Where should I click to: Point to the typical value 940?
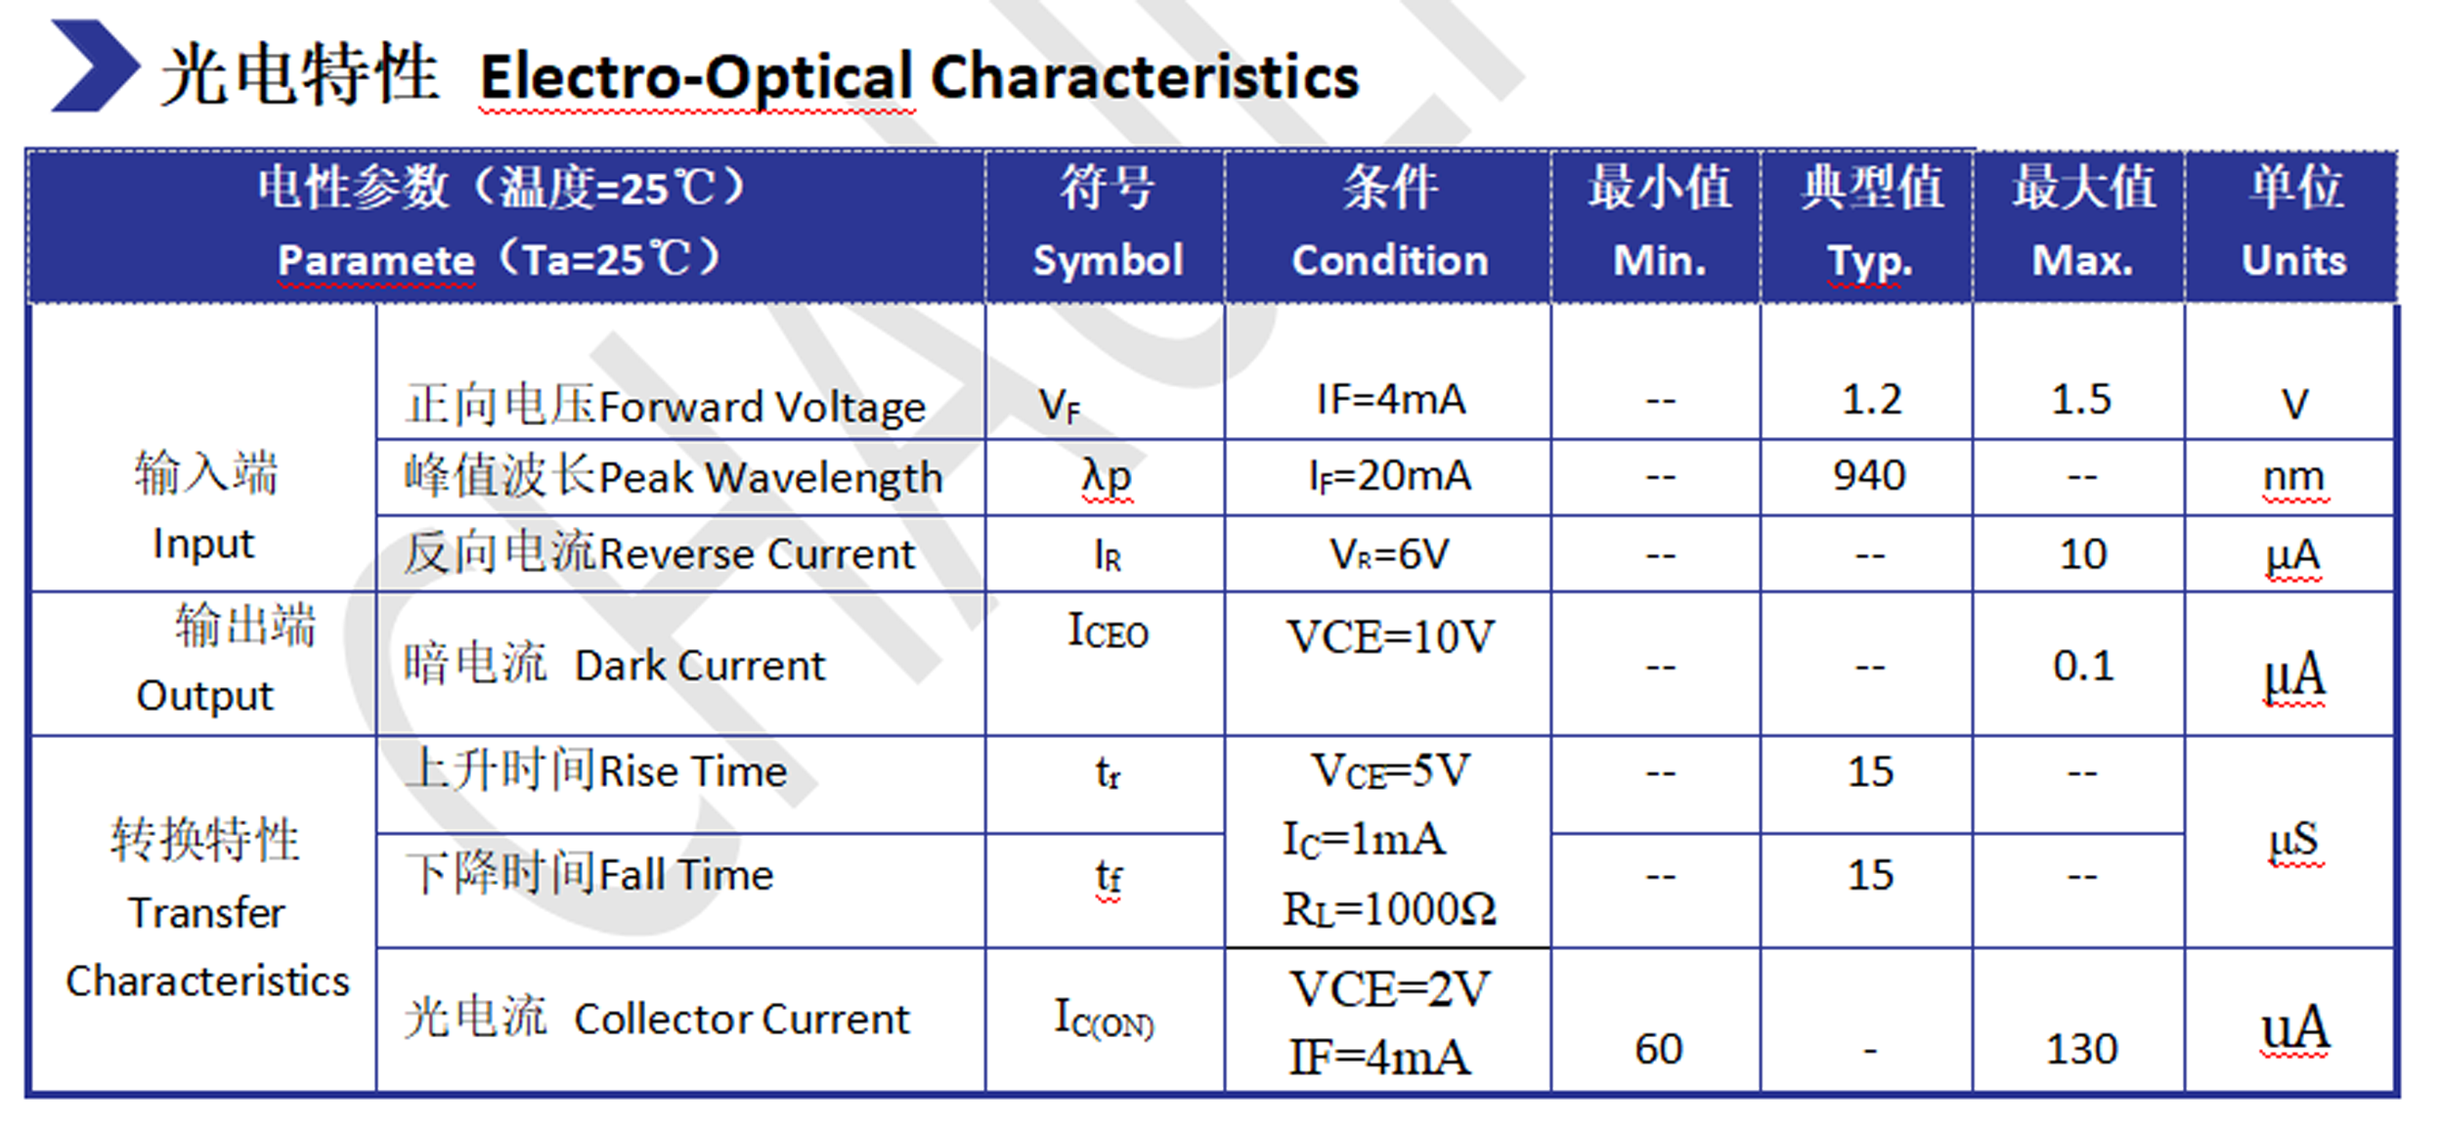pyautogui.click(x=1869, y=475)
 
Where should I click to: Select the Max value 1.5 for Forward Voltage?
pyautogui.click(x=2081, y=399)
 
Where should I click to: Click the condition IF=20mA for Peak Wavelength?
pyautogui.click(x=1390, y=476)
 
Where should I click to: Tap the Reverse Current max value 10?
pyautogui.click(x=2082, y=554)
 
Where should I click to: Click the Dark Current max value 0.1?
pyautogui.click(x=2083, y=666)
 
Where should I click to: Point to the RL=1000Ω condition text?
pyautogui.click(x=1389, y=909)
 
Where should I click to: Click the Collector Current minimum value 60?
pyautogui.click(x=1659, y=1049)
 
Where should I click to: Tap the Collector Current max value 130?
pyautogui.click(x=2082, y=1049)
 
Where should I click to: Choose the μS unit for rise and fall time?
pyautogui.click(x=2292, y=841)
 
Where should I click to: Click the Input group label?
pyautogui.click(x=203, y=544)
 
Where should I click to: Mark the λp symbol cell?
pyautogui.click(x=1107, y=477)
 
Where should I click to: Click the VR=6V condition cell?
pyautogui.click(x=1389, y=554)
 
